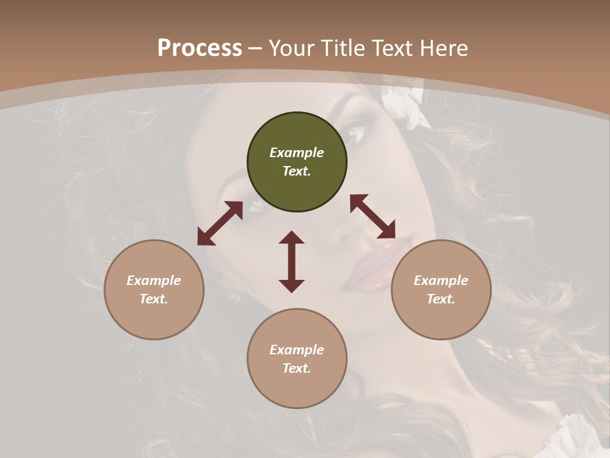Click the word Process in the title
click(200, 48)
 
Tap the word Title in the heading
click(342, 48)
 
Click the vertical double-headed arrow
click(292, 262)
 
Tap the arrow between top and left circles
click(220, 223)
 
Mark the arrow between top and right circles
click(372, 216)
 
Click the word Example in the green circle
click(297, 153)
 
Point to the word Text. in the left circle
click(154, 299)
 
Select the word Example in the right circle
click(441, 281)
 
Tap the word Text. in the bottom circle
click(297, 368)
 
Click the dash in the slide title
click(255, 48)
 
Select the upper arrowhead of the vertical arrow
click(292, 238)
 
